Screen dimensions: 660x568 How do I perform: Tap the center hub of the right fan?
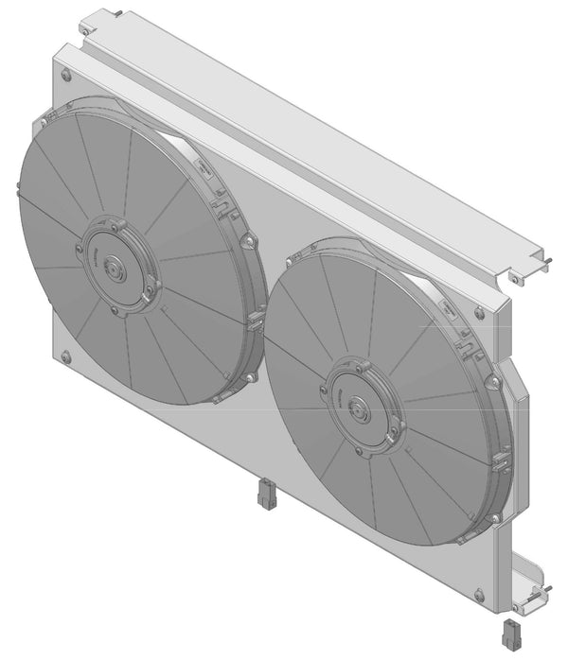click(360, 409)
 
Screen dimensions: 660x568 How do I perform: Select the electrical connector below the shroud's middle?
click(265, 495)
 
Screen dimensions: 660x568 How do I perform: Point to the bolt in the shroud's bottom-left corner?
click(65, 356)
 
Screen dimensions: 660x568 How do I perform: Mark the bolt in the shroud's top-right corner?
click(479, 313)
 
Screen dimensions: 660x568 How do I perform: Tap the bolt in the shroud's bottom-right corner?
click(479, 596)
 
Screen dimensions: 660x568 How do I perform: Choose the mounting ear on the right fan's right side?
click(493, 381)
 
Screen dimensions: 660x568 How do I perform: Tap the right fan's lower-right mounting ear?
click(495, 518)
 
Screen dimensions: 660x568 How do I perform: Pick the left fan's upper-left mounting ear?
click(42, 124)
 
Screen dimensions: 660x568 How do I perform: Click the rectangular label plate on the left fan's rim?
click(204, 167)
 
